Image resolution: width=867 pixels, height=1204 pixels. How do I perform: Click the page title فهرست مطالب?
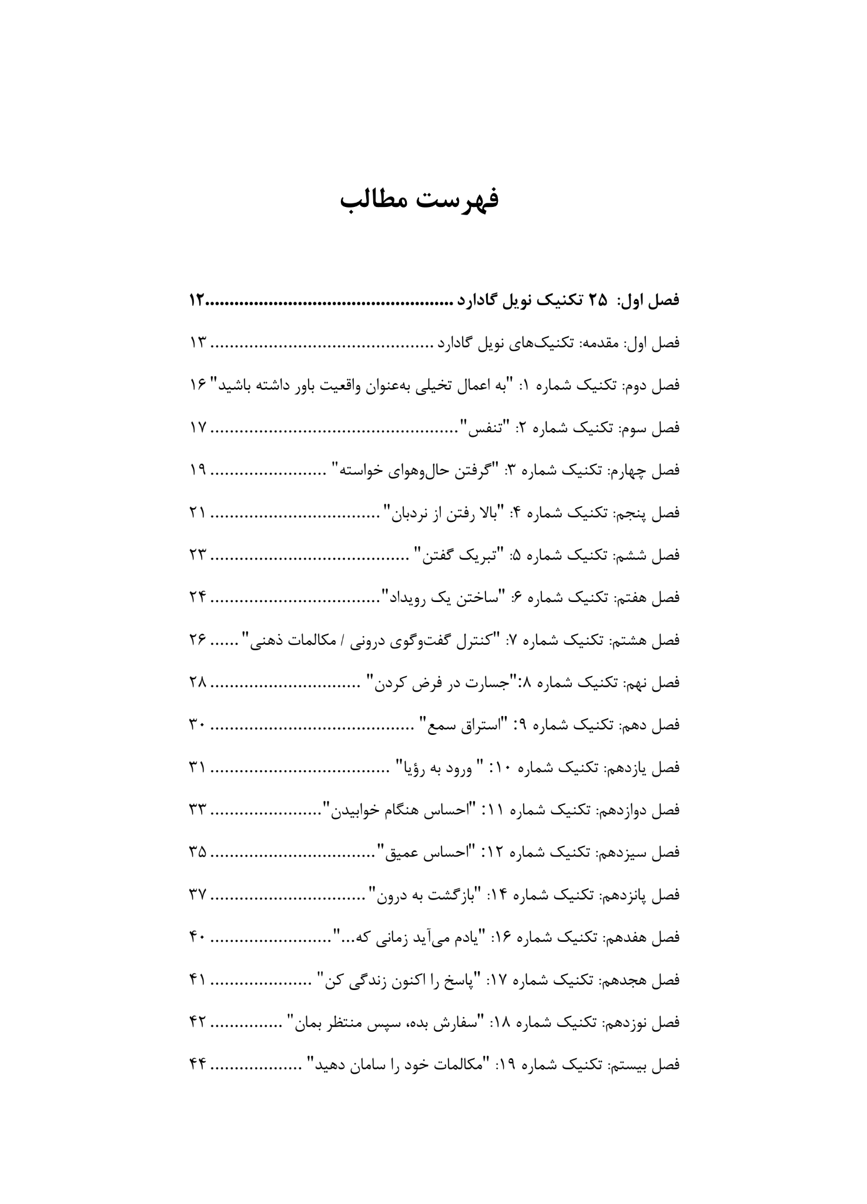pos(420,199)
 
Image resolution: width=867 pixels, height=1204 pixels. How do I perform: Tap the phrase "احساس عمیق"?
pos(430,852)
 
